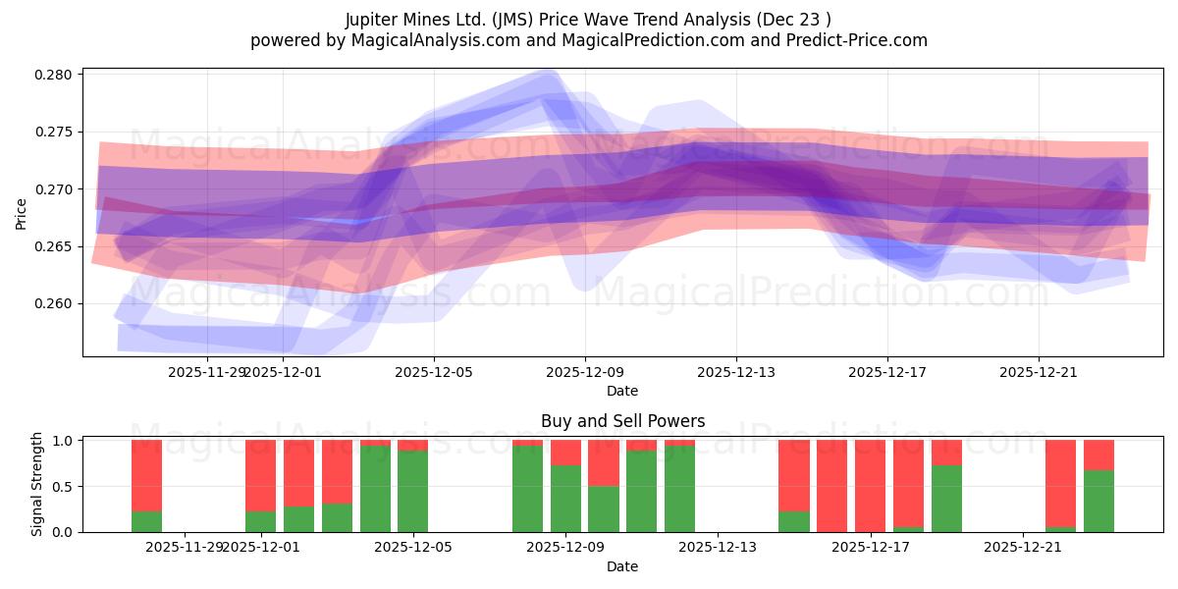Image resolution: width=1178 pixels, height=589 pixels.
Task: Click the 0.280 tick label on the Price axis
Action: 55,75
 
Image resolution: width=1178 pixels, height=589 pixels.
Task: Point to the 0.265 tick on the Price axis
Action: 55,246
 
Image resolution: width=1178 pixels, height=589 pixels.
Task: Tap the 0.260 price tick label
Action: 55,303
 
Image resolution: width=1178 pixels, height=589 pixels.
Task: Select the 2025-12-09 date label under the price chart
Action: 585,372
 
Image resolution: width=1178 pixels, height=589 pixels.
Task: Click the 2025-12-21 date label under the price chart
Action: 1039,372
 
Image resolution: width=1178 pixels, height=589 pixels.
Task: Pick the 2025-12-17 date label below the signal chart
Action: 871,548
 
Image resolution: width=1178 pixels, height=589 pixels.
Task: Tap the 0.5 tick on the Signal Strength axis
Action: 63,487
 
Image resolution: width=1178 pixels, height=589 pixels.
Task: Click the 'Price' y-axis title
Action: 22,212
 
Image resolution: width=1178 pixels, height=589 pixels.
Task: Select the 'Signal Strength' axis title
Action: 37,484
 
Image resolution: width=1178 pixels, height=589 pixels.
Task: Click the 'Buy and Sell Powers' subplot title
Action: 622,421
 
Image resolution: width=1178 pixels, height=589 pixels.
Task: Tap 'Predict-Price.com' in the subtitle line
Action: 861,40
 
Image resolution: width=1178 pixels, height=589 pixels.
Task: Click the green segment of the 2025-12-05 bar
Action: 413,491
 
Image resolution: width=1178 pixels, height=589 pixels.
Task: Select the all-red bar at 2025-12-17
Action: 871,486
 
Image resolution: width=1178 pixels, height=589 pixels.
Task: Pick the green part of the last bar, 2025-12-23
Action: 1098,502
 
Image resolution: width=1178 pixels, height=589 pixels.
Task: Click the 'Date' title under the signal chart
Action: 622,566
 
